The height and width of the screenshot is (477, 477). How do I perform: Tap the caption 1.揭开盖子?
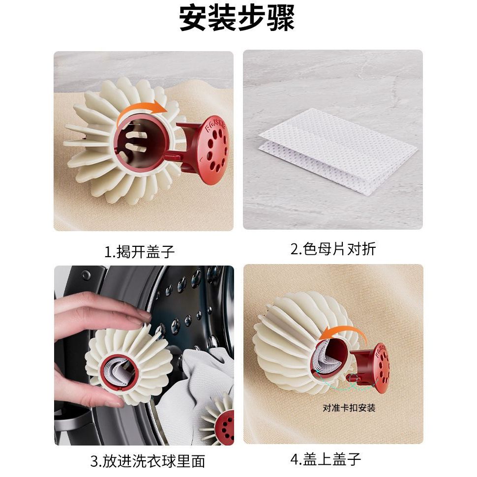(140, 252)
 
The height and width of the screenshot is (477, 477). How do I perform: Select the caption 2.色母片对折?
(333, 249)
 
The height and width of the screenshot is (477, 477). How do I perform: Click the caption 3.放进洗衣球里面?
(148, 461)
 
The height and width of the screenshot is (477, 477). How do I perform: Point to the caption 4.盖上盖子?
(326, 459)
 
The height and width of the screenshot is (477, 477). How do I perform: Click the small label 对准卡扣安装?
(349, 408)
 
